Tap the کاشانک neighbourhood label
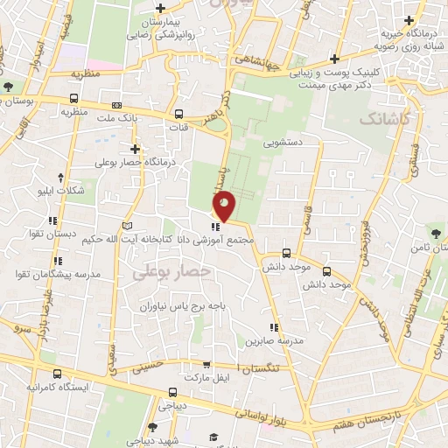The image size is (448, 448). [382, 117]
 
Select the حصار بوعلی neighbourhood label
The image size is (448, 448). [172, 273]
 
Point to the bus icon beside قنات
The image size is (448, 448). [179, 114]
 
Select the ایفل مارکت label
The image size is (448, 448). [209, 376]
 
